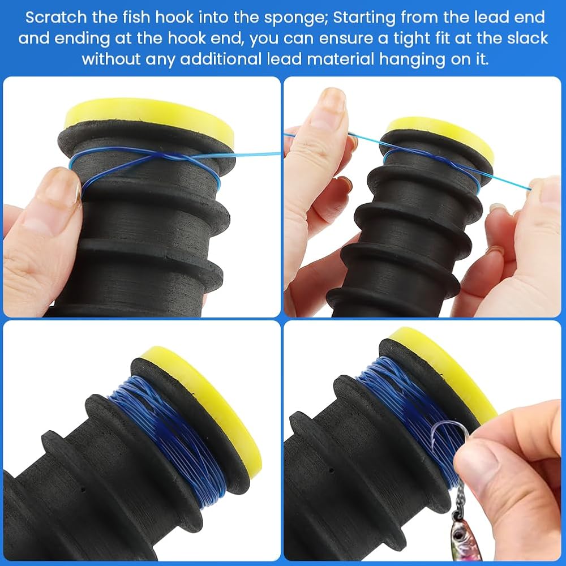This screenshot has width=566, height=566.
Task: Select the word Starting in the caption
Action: [364, 18]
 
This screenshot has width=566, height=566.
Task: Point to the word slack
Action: [528, 38]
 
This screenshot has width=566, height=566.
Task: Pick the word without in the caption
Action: [111, 59]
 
